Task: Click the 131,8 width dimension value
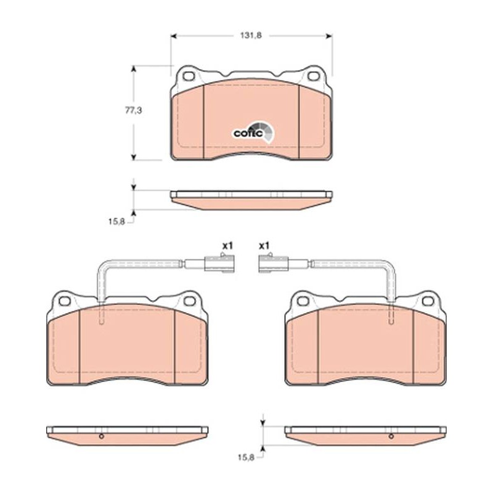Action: point(251,36)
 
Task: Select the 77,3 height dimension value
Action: point(134,111)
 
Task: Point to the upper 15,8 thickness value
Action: point(116,222)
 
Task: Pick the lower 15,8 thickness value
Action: point(245,458)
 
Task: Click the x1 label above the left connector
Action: point(227,245)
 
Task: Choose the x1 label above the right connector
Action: point(264,245)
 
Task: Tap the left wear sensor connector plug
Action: point(219,264)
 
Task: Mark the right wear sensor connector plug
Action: point(272,264)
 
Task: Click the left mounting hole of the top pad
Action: point(189,76)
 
